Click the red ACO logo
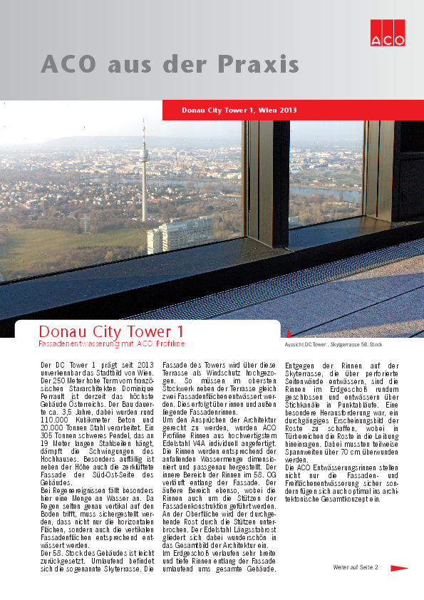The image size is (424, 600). click(387, 31)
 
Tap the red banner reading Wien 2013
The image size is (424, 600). click(239, 110)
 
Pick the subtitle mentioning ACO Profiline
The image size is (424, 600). click(111, 344)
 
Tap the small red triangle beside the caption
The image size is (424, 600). click(288, 333)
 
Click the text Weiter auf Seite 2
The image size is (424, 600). click(356, 567)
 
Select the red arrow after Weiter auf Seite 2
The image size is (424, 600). click(398, 568)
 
